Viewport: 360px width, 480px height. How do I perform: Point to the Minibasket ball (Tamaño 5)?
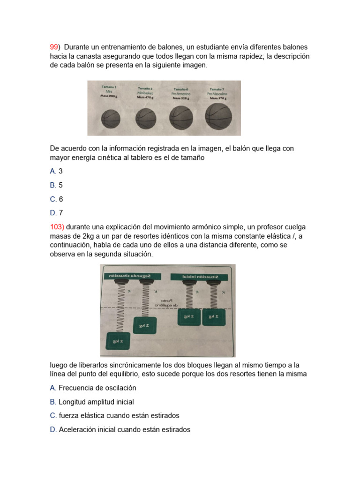[x=146, y=119]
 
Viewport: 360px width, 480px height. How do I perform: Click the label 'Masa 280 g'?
[x=109, y=95]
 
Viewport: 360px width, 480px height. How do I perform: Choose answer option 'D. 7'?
[x=56, y=212]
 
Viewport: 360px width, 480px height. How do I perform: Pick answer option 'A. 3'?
[x=56, y=172]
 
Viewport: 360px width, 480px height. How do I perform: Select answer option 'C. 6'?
[x=56, y=199]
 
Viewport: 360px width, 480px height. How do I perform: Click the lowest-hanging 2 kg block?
[x=118, y=341]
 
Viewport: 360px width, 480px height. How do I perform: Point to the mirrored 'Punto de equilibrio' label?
[x=167, y=302]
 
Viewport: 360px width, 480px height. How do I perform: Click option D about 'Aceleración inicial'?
[x=120, y=429]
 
